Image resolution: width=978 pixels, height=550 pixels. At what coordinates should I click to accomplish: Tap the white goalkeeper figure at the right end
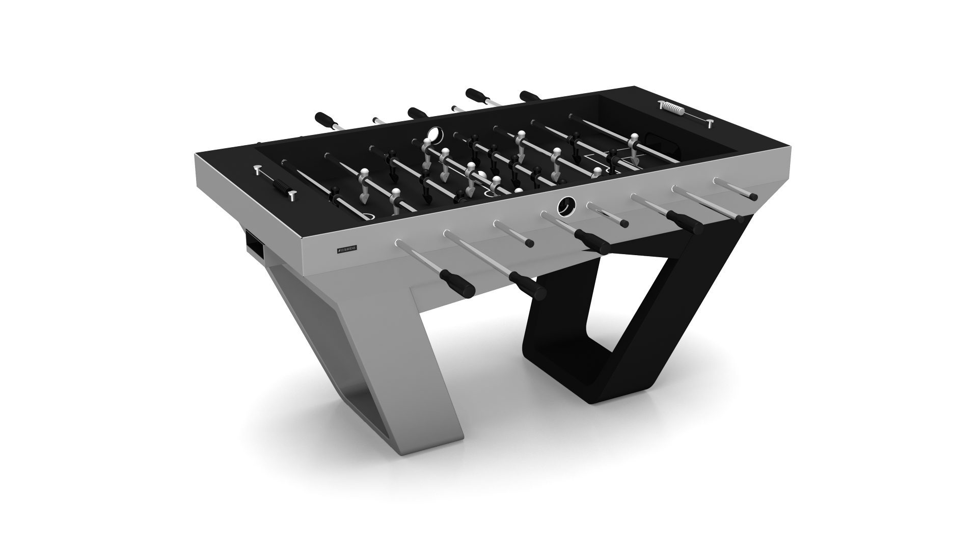634,144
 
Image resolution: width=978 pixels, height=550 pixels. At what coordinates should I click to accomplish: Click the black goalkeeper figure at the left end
336,193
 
